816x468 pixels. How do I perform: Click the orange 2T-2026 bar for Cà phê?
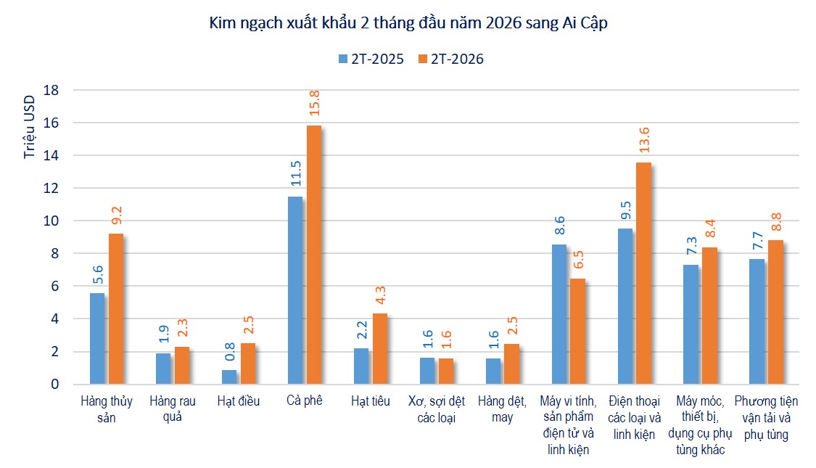313,254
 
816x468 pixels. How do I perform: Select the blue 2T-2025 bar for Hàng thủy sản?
97,338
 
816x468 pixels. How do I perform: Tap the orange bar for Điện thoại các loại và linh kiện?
643,273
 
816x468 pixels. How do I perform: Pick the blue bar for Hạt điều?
229,377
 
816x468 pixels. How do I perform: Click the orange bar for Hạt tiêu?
379,348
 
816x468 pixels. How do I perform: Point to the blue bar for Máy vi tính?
559,313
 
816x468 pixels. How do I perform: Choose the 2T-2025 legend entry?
370,59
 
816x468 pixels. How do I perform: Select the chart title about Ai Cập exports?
408,24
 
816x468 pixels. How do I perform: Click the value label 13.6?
644,141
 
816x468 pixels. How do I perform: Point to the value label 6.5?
578,259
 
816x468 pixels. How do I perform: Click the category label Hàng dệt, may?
501,409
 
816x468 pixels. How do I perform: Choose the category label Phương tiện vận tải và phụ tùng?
766,417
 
